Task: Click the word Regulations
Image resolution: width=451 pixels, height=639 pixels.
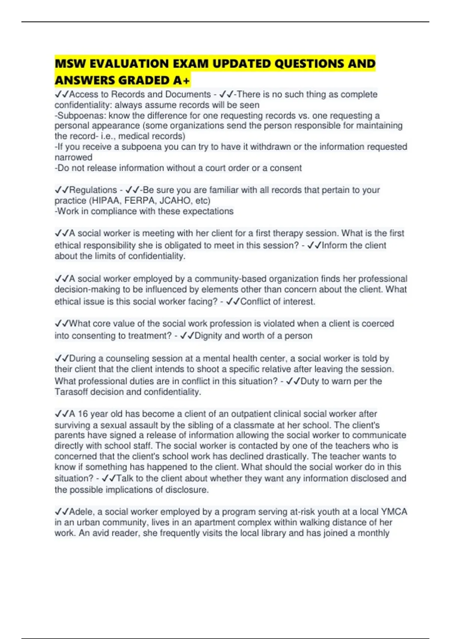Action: click(x=93, y=190)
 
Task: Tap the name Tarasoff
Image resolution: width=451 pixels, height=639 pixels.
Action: click(x=71, y=392)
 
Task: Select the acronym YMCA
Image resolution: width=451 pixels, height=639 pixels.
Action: click(x=394, y=512)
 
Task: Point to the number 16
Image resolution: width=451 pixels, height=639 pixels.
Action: click(x=83, y=414)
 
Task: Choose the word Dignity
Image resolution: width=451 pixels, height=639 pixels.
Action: click(x=209, y=336)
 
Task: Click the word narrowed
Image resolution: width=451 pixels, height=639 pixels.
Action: click(x=73, y=157)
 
